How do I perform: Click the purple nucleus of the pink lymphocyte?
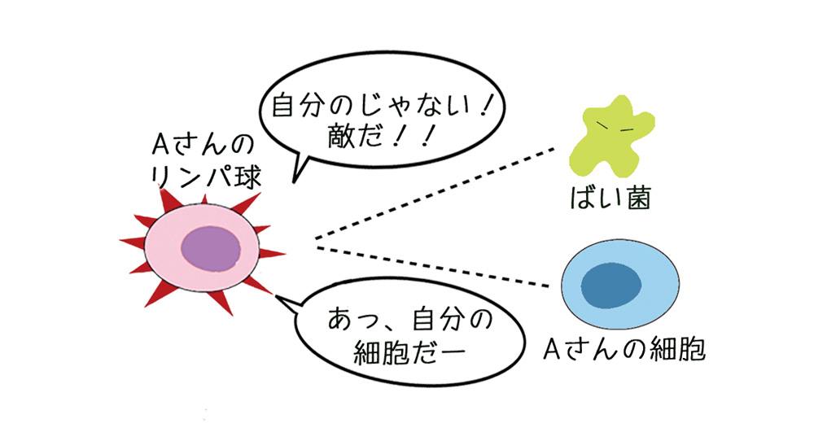211,247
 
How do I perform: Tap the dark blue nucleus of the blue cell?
613,284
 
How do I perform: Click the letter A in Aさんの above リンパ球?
160,146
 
